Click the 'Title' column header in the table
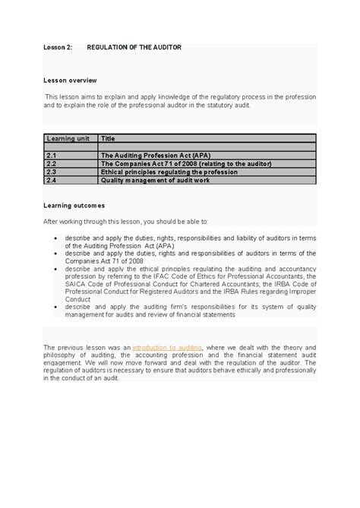click(108, 138)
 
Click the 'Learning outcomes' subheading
click(74, 205)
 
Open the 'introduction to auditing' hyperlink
click(167, 347)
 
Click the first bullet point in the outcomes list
click(58, 238)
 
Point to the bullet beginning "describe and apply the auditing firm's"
click(58, 307)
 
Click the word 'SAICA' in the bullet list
click(78, 284)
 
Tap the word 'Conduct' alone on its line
click(80, 298)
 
